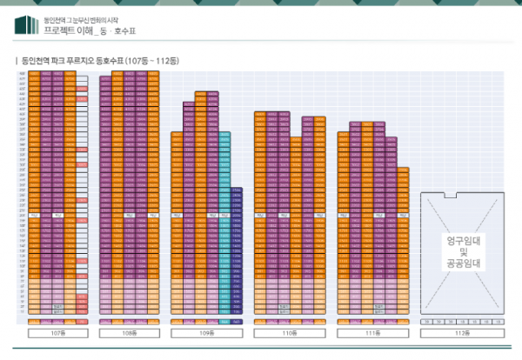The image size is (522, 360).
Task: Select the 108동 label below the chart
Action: (129, 331)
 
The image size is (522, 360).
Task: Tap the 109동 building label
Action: (206, 331)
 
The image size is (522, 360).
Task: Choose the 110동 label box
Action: (290, 331)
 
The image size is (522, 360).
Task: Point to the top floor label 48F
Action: (21, 73)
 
